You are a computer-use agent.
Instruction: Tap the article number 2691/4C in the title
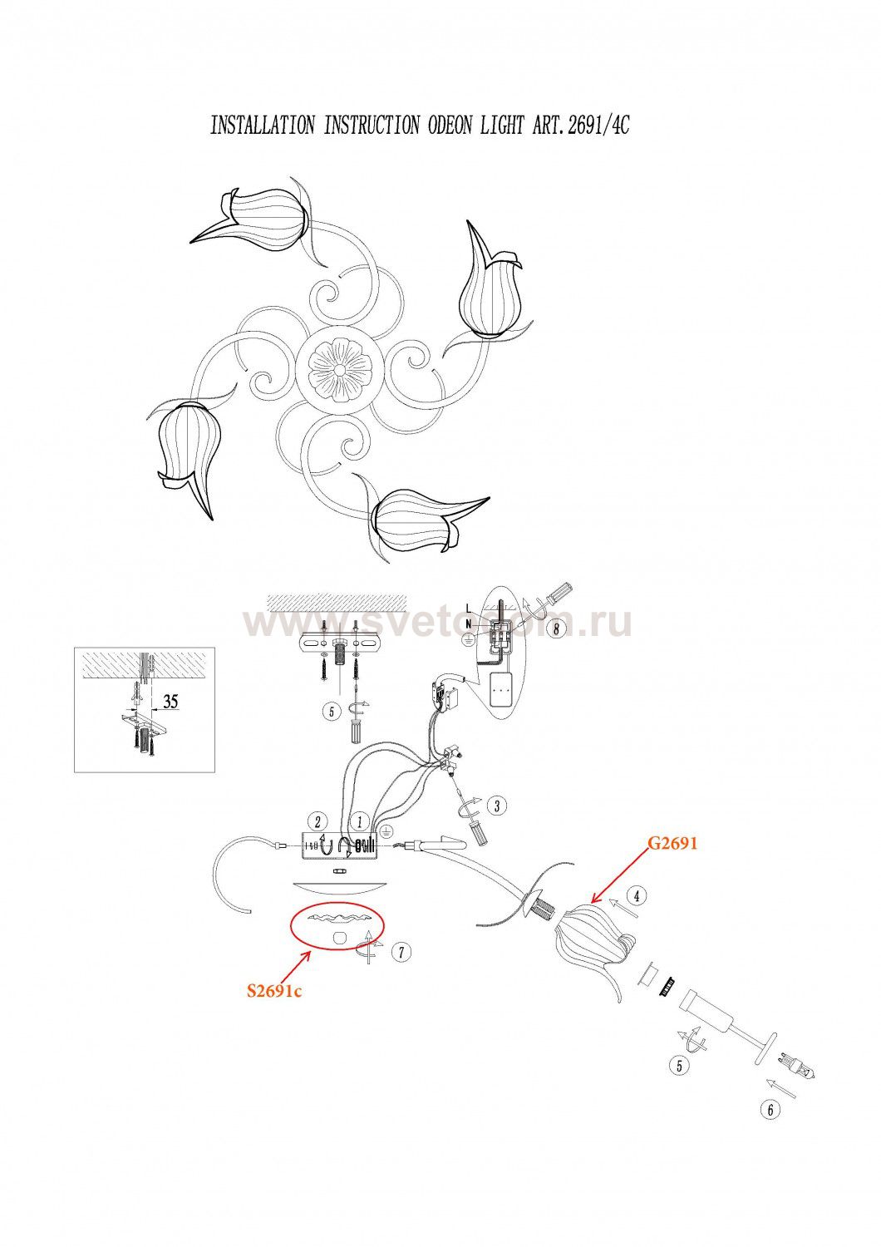pos(591,126)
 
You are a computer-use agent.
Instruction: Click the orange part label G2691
pos(673,843)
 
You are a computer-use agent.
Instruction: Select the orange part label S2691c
pos(273,991)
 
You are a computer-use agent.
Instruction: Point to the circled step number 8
pos(556,628)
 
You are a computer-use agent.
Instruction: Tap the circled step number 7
pos(401,952)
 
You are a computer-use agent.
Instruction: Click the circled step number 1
pos(359,821)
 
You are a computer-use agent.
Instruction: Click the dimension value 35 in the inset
pos(170,701)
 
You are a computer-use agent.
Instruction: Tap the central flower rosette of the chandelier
pos(340,367)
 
